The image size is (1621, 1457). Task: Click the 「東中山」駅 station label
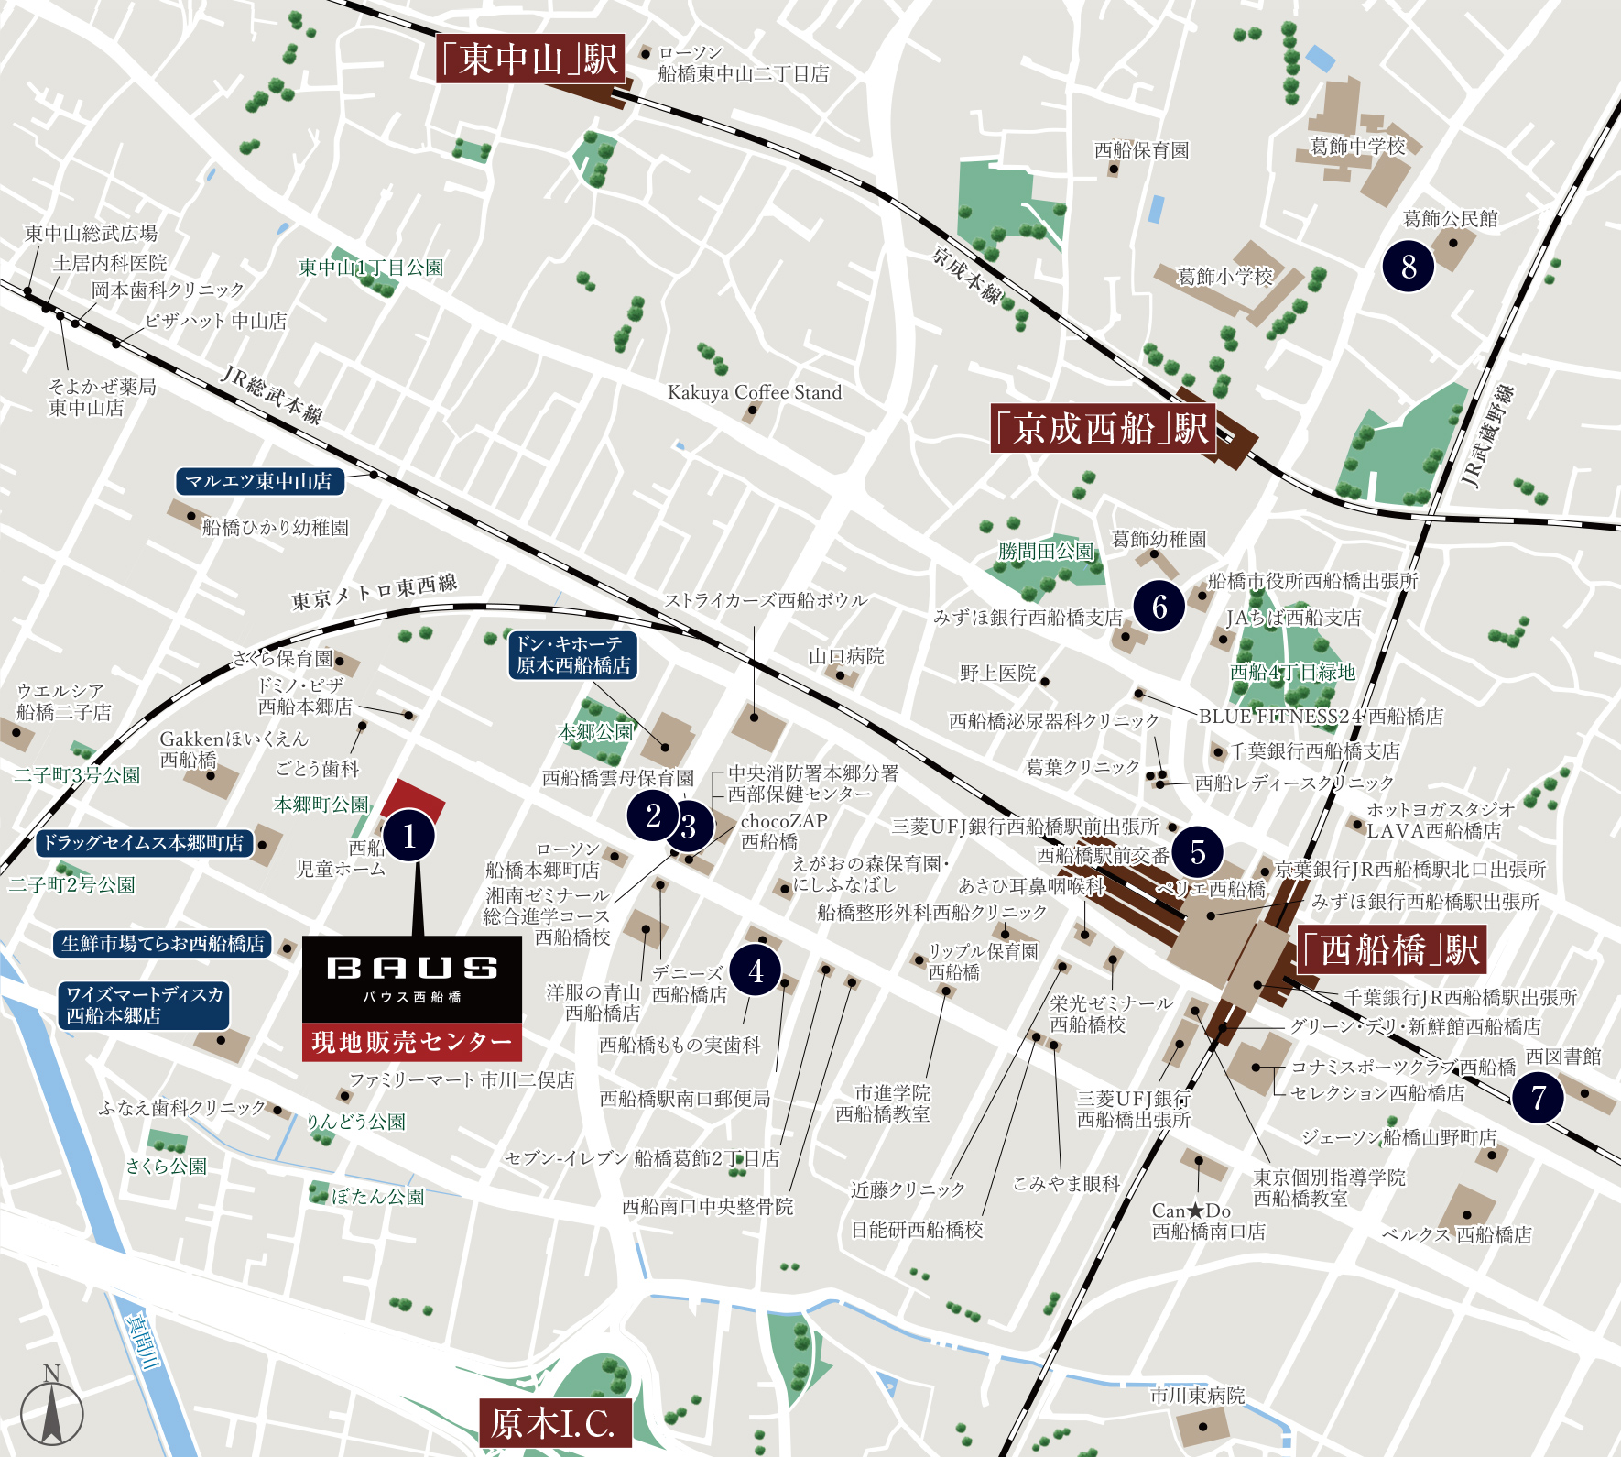[x=530, y=60]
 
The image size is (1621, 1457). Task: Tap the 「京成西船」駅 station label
[x=1103, y=428]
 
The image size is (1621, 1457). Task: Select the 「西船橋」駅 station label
[x=1391, y=950]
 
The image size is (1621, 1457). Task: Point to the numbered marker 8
[x=1408, y=267]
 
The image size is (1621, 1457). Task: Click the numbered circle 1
[x=409, y=836]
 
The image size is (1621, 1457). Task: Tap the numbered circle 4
[x=756, y=970]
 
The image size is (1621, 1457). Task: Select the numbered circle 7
[x=1539, y=1097]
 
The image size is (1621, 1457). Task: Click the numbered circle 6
[x=1159, y=607]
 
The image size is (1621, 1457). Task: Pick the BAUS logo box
[x=412, y=978]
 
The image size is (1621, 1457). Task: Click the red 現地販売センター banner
[x=412, y=1042]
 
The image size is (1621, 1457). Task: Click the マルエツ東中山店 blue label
[x=259, y=481]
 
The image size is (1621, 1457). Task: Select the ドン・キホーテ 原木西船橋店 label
[x=572, y=655]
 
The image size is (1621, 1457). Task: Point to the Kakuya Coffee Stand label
[x=755, y=392]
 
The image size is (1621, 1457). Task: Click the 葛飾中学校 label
[x=1357, y=147]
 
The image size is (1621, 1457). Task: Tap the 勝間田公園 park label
[x=1045, y=552]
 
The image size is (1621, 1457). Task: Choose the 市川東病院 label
[x=1197, y=1396]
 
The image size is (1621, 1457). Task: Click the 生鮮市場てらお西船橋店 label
[x=163, y=943]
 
